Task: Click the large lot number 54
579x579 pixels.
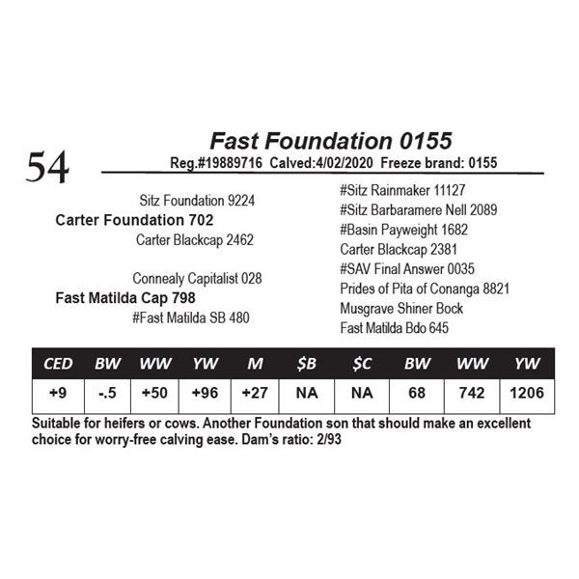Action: point(47,167)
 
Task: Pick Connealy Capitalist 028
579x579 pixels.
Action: point(197,278)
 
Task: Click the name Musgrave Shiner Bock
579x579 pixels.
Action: point(401,308)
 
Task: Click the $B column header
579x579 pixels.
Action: point(306,364)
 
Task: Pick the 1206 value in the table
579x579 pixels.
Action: point(526,394)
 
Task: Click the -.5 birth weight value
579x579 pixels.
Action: point(106,394)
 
